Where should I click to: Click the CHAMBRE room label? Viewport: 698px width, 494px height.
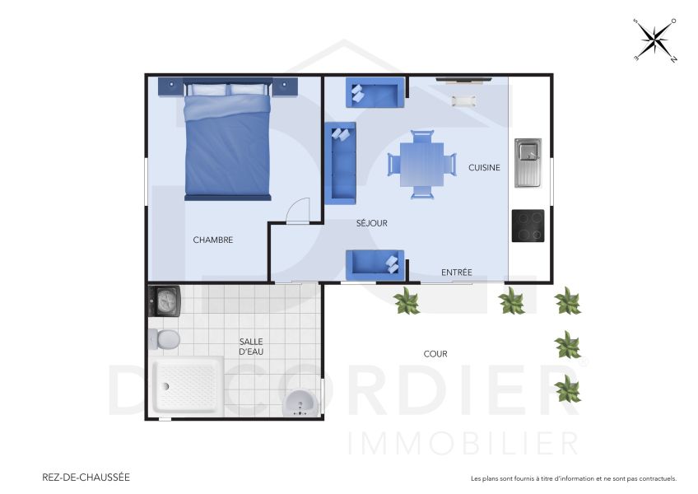213,240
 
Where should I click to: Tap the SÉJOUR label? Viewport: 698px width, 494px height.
371,223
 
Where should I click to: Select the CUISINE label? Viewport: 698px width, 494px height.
484,167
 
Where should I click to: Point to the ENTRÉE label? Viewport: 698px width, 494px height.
456,273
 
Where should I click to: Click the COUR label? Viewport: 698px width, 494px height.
435,354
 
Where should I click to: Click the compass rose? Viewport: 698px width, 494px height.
655,40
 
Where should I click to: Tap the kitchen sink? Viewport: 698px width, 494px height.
528,161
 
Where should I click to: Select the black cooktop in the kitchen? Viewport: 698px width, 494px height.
528,226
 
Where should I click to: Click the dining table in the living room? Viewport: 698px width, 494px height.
421,164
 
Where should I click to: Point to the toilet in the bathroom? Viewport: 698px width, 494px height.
164,338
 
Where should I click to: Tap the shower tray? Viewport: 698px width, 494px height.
188,387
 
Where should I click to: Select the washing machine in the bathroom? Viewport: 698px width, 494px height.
164,300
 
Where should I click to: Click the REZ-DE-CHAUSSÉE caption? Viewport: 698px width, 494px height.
85,477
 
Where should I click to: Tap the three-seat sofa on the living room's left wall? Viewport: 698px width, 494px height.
341,163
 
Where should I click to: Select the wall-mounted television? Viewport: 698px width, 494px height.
463,80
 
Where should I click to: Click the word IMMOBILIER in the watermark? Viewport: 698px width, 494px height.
463,443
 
